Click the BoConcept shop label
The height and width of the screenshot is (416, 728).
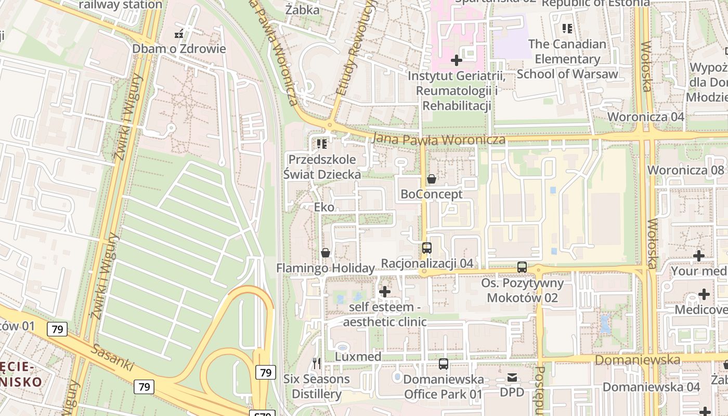(431, 194)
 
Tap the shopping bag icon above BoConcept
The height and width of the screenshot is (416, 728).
(431, 179)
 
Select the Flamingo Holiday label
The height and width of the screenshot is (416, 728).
(325, 268)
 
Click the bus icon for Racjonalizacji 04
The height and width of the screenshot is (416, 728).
(427, 248)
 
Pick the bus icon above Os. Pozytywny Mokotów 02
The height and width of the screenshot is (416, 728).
(522, 267)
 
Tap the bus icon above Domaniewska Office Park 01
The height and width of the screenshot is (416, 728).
(443, 364)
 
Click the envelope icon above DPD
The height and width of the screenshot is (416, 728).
(512, 378)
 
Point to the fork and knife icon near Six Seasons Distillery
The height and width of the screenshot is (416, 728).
(316, 363)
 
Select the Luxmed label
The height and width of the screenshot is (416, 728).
(358, 357)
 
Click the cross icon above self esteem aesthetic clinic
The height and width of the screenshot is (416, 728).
(385, 292)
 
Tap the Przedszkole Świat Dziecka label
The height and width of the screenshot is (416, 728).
(322, 167)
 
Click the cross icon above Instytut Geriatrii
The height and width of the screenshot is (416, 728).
(457, 61)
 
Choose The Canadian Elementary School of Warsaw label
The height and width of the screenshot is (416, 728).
(567, 59)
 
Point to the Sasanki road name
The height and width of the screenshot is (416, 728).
(112, 357)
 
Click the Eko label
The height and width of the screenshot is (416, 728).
(324, 207)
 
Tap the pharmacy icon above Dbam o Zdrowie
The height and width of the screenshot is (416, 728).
(179, 34)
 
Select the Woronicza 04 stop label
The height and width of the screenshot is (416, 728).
(646, 116)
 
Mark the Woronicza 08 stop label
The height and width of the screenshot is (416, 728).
(685, 170)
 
